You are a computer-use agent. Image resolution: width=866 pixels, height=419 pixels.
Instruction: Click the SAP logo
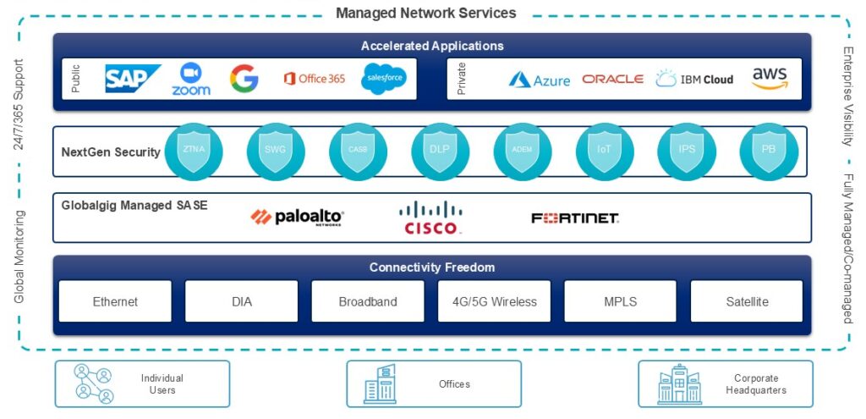click(133, 79)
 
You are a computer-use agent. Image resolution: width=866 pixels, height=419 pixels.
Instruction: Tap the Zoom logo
click(191, 79)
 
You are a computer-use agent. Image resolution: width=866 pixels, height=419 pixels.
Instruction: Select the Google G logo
click(244, 79)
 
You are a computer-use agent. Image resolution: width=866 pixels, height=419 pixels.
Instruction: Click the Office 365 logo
click(315, 79)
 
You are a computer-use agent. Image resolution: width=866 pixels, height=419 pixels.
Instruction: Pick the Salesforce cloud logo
click(385, 79)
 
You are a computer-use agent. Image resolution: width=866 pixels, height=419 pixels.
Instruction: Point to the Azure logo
click(539, 80)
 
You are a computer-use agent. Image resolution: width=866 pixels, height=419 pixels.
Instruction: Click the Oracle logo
click(613, 80)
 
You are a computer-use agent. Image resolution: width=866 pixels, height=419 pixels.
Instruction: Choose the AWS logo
click(770, 79)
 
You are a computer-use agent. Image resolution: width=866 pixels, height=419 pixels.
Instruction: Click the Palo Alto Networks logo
click(298, 218)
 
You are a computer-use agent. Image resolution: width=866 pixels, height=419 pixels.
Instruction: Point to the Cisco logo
click(430, 218)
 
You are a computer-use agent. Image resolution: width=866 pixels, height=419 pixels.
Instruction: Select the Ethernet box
click(115, 301)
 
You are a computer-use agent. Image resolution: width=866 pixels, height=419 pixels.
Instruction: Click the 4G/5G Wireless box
click(494, 301)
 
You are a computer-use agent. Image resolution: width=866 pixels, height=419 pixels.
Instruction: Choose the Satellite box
click(747, 301)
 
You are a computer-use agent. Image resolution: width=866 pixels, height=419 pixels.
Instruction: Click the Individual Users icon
click(92, 383)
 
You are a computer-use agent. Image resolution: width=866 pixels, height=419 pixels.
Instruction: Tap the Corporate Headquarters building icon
click(679, 383)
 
